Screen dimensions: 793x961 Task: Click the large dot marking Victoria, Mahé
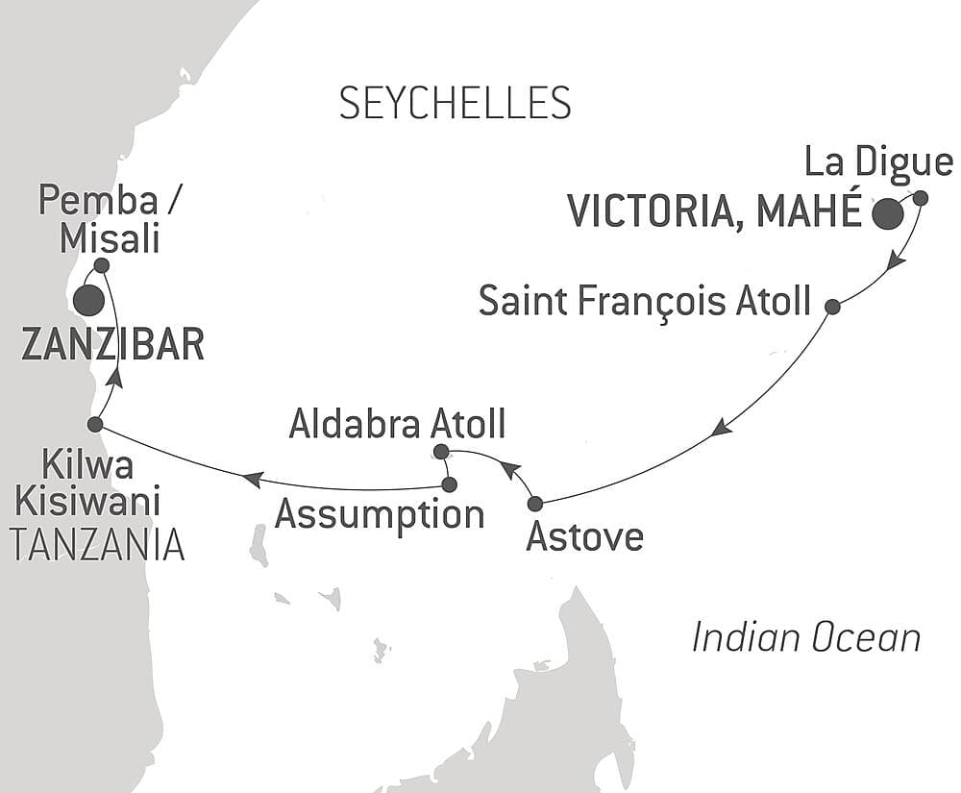pos(887,214)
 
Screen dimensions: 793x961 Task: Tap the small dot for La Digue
pos(920,198)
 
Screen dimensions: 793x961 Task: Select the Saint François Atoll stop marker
pos(833,307)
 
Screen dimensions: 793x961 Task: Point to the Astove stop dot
pos(535,503)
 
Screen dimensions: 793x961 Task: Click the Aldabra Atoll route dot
pos(440,451)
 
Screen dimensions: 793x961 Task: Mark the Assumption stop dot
pos(449,484)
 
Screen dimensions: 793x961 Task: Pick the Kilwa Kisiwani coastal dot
pos(94,424)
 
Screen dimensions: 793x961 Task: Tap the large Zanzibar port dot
pos(88,301)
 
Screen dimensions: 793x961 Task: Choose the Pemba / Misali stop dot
pos(101,264)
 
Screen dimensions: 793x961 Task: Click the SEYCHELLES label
pos(455,102)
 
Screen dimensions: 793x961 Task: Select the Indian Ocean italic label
pos(805,636)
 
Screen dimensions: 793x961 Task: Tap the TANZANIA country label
pos(96,544)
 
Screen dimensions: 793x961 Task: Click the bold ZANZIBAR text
pos(112,345)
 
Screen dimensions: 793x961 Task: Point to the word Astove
pos(584,536)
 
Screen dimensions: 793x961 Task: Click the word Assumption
pos(380,515)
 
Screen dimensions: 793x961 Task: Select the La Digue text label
pos(878,162)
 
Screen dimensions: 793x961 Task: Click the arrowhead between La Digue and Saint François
pos(895,260)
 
